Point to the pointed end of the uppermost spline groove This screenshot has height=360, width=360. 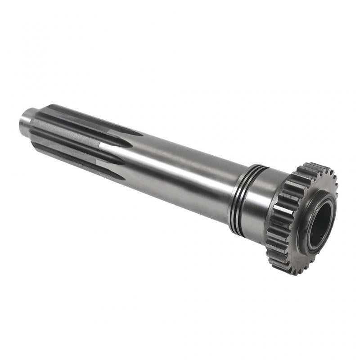[x=141, y=134]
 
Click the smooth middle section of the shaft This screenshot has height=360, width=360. [x=180, y=175]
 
